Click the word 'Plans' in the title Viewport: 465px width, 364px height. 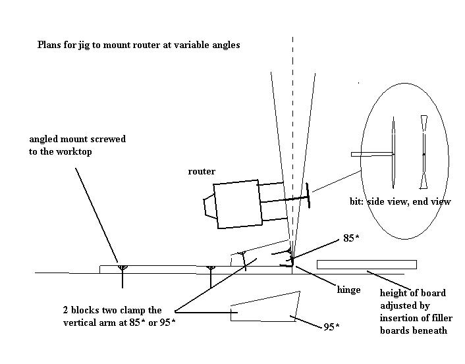50,45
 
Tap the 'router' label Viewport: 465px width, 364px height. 202,172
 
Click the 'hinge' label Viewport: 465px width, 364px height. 348,289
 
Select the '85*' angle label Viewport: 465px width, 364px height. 352,238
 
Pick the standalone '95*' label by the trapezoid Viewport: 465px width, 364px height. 333,327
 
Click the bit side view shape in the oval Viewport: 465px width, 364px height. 393,154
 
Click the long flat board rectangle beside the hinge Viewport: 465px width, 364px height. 366,265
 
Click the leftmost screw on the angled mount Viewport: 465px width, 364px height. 121,267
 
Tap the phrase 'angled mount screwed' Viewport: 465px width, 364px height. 77,140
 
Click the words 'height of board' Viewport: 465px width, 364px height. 412,293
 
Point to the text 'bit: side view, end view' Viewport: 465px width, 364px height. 400,201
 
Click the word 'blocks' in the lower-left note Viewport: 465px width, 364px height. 88,310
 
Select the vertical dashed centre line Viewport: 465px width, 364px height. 293,132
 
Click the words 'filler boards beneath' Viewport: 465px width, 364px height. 413,330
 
